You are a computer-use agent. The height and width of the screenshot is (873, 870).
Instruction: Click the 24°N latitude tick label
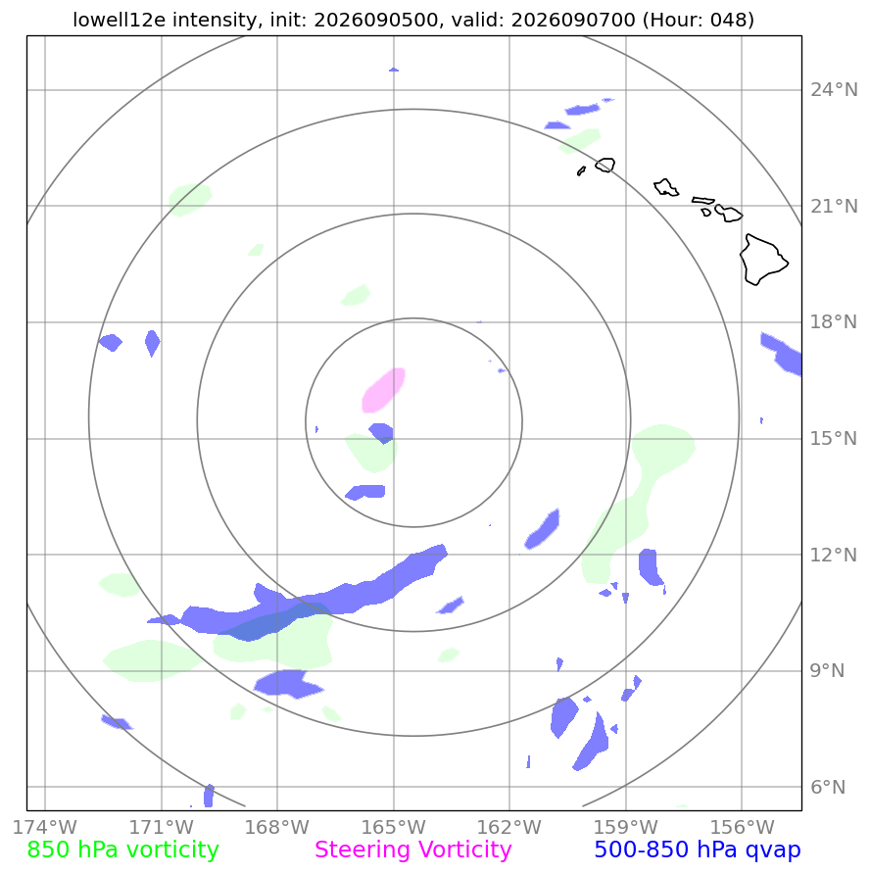(834, 89)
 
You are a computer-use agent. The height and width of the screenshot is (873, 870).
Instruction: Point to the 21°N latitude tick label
(834, 207)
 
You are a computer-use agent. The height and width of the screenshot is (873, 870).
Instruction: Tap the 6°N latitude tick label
(828, 787)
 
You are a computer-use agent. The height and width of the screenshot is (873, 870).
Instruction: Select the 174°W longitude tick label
(44, 827)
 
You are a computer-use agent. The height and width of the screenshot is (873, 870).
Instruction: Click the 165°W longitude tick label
(394, 827)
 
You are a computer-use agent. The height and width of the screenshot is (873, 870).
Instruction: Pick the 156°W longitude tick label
(742, 827)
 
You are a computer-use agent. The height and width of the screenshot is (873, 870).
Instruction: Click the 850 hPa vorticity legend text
(123, 850)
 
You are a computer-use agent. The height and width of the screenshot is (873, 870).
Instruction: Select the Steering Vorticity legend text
(413, 850)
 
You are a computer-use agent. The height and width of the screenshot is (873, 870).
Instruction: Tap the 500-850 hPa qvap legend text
(698, 850)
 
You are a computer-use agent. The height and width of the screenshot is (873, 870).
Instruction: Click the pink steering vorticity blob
(383, 390)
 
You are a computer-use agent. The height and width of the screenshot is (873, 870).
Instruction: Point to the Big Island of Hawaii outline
(763, 260)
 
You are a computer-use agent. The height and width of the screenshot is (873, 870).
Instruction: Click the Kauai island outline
(605, 165)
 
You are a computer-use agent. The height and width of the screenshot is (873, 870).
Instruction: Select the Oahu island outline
(666, 187)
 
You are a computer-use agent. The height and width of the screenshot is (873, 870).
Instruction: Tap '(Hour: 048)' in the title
(698, 20)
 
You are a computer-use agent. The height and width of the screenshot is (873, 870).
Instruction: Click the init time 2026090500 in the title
(376, 20)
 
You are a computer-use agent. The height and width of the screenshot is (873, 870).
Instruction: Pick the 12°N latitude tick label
(834, 556)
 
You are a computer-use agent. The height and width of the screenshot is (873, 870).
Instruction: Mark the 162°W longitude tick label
(509, 827)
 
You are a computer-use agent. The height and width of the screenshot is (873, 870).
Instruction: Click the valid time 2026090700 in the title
(573, 20)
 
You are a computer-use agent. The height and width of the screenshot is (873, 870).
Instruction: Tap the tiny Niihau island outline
(581, 170)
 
